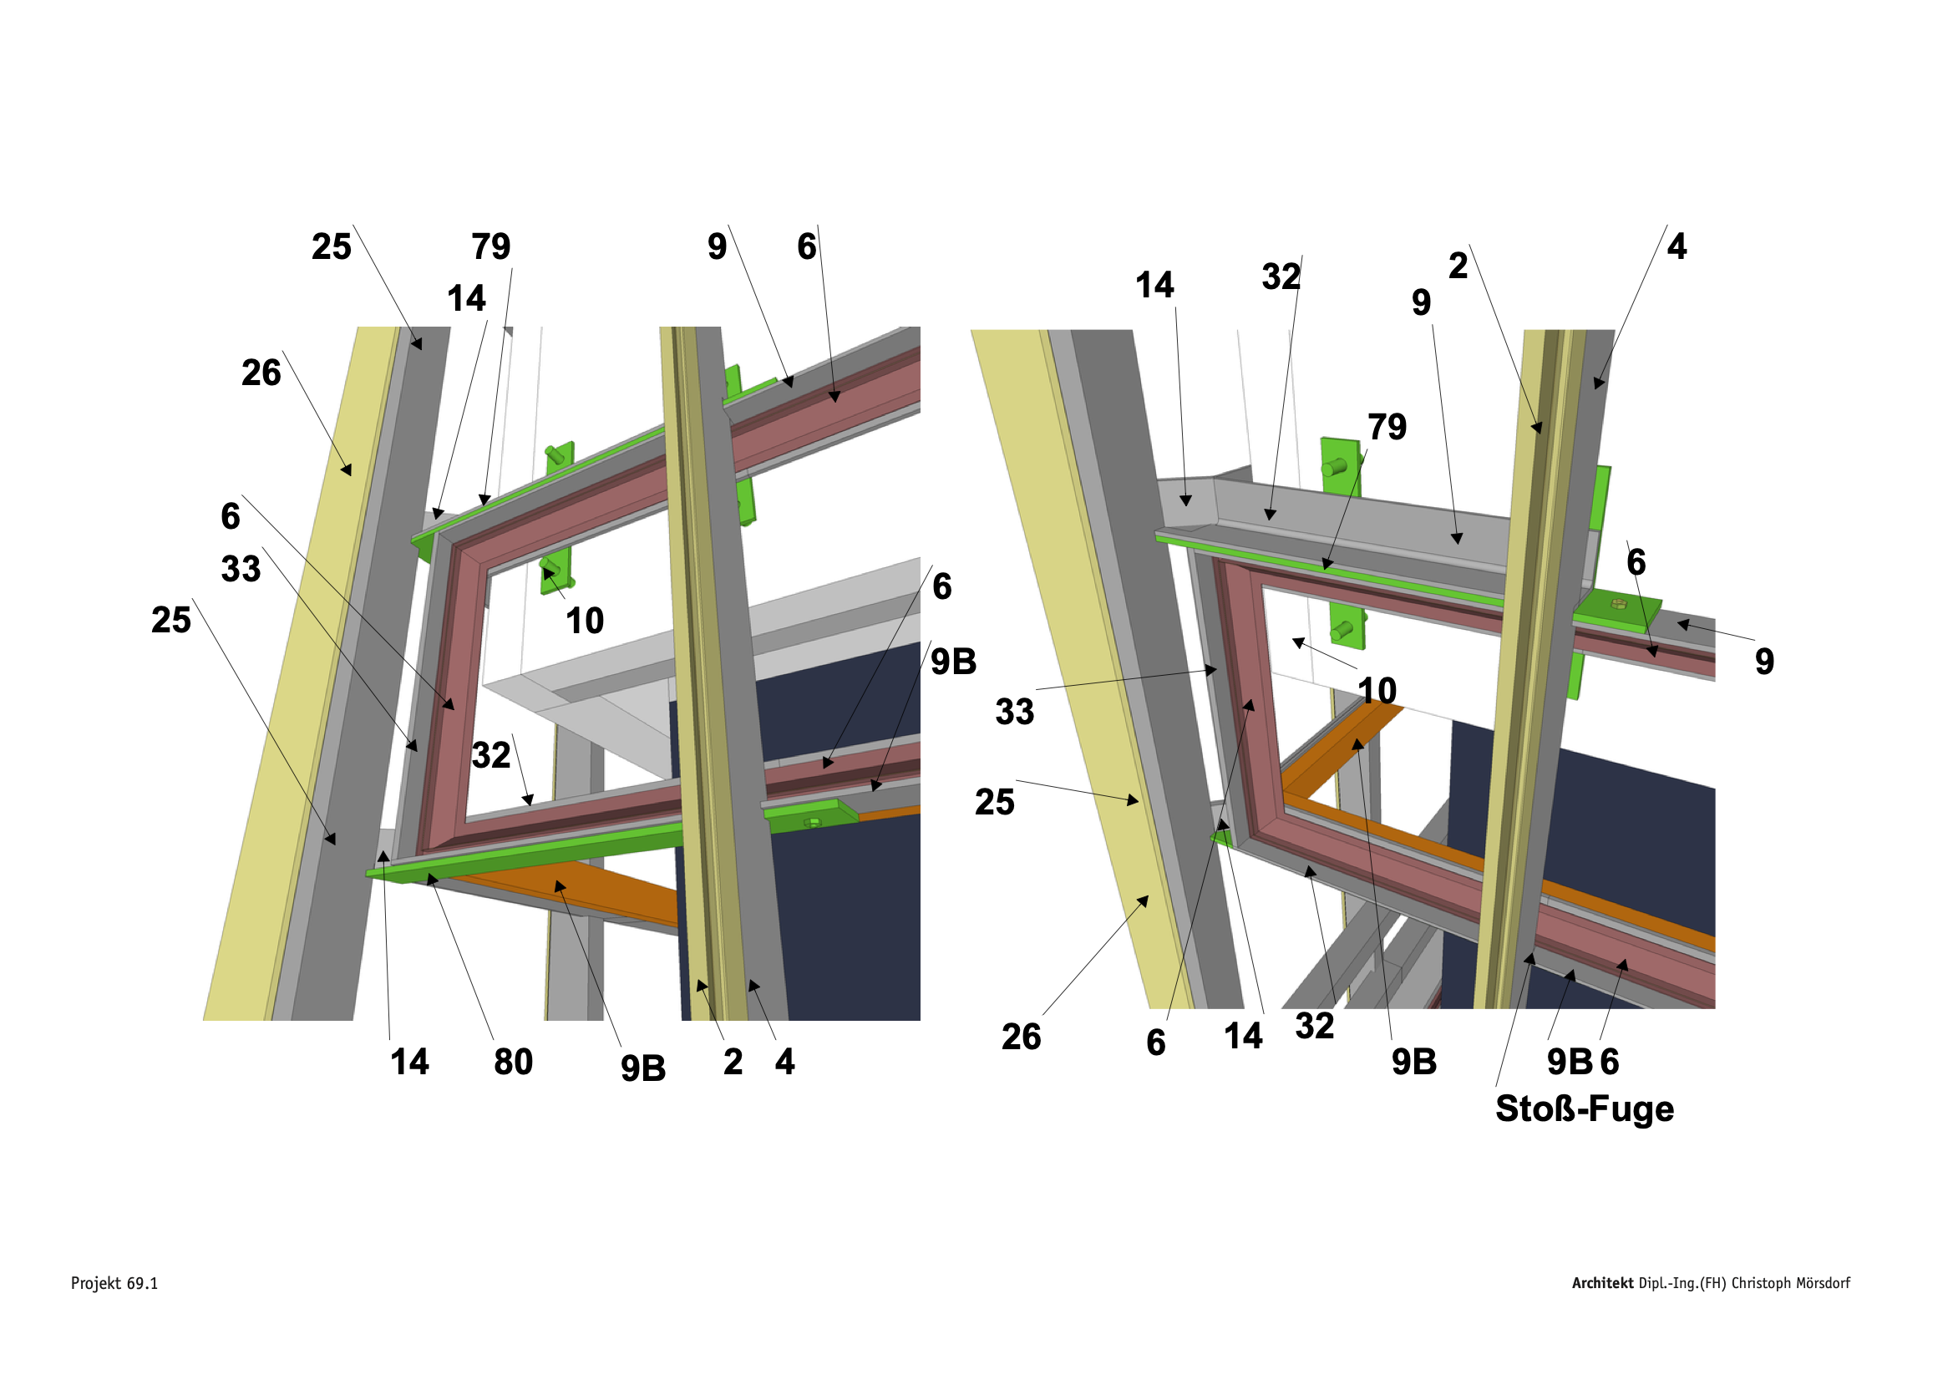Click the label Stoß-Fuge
1584,1109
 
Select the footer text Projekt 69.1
114,1283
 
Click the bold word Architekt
1602,1283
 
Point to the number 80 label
513,1062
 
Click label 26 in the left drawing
261,373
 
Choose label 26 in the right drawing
1021,1038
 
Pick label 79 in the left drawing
491,246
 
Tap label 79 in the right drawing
1387,427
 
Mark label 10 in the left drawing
585,622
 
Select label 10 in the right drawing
1377,690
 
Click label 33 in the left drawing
241,568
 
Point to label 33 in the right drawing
1014,712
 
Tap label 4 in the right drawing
1677,246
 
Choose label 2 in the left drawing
733,1062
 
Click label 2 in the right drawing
1458,266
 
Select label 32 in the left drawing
491,755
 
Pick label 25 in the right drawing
994,802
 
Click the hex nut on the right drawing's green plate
1619,604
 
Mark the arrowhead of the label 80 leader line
430,877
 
